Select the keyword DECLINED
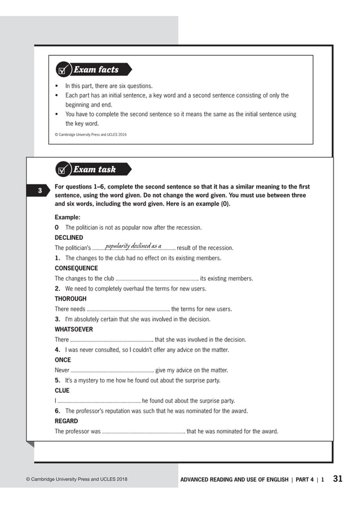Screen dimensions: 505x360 [x=69, y=238]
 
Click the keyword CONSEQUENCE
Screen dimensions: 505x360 [x=76, y=268]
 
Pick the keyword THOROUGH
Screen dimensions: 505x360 [x=71, y=298]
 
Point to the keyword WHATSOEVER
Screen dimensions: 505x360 [x=74, y=329]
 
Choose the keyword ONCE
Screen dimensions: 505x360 [x=63, y=359]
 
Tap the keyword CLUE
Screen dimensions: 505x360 [x=62, y=390]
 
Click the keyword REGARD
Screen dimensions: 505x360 [x=66, y=421]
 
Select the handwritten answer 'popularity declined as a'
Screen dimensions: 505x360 [x=133, y=246]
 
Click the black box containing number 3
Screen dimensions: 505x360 [x=39, y=191]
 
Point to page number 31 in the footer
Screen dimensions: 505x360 [x=337, y=479]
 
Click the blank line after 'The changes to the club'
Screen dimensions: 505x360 [x=157, y=279]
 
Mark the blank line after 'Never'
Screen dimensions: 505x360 [x=112, y=371]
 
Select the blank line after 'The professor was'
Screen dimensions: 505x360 [x=143, y=432]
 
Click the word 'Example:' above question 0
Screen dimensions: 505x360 [x=68, y=217]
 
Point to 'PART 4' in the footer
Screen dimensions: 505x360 [x=304, y=480]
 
